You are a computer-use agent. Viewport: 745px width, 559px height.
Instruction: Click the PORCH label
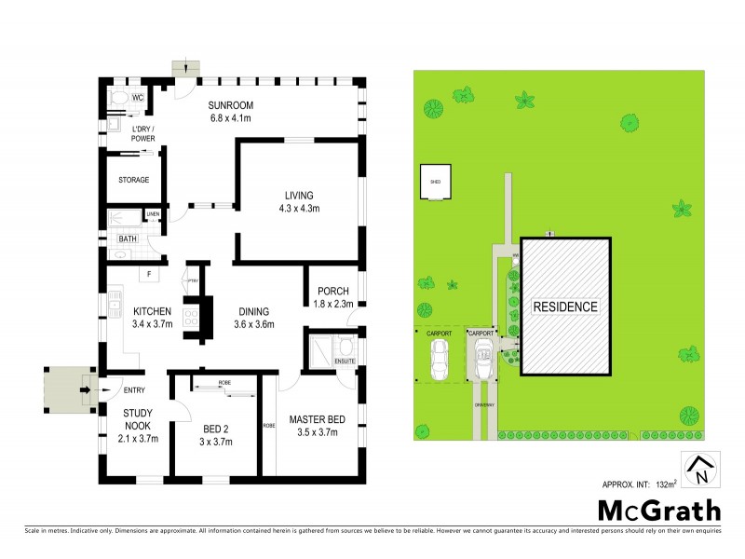click(x=332, y=291)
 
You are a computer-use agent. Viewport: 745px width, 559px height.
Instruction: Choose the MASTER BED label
click(x=317, y=419)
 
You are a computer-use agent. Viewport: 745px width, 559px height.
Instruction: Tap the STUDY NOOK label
click(x=138, y=418)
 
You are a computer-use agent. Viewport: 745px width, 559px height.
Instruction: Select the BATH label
click(x=127, y=239)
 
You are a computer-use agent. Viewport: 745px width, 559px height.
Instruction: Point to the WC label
click(x=137, y=97)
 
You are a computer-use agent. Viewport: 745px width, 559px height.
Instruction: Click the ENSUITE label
click(x=345, y=360)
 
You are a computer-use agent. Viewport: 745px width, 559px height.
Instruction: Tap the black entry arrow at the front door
click(x=86, y=389)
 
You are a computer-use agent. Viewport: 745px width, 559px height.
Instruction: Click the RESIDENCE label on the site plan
click(x=565, y=307)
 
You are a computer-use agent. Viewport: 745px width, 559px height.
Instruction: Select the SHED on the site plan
click(x=435, y=183)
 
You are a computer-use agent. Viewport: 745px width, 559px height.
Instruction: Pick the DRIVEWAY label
click(x=481, y=405)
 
